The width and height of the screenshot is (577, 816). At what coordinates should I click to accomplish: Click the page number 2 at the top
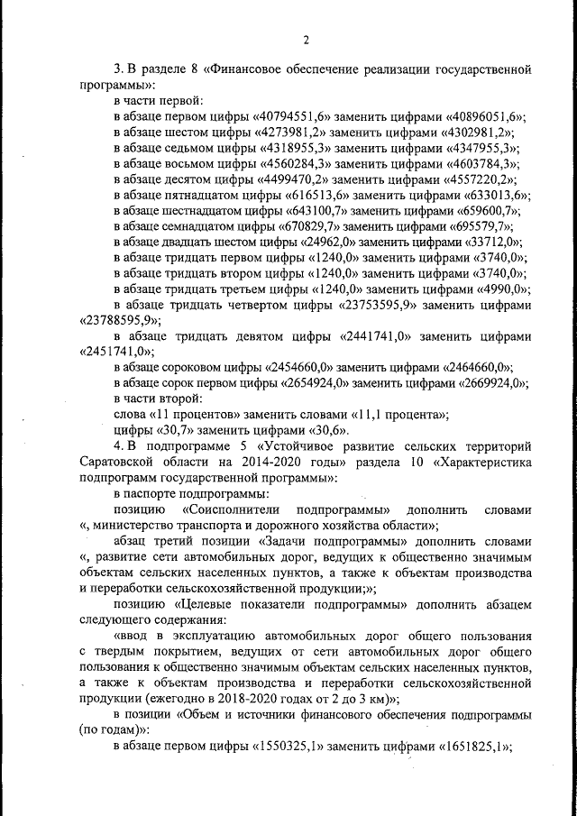point(306,39)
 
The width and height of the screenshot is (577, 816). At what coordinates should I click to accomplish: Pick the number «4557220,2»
point(482,182)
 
